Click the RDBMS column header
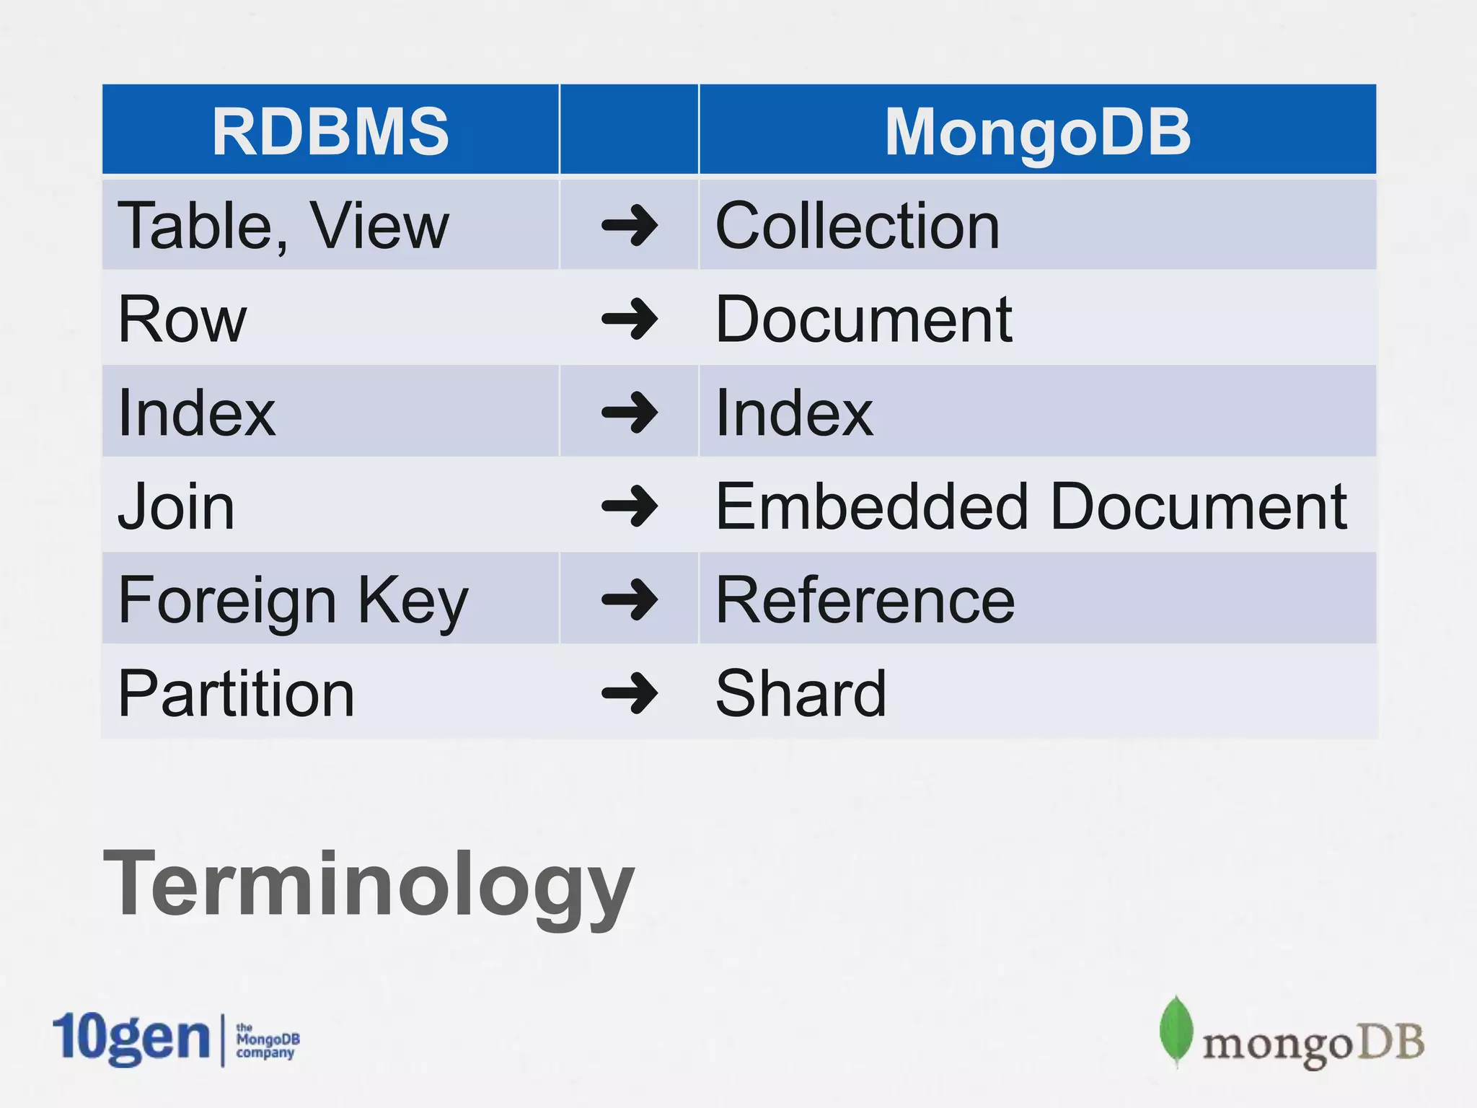330,131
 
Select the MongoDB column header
1037,131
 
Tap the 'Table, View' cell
283,226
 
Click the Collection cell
857,226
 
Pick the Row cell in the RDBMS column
182,320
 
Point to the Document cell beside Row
863,320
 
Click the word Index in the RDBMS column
196,413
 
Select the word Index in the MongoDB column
794,413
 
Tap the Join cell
176,506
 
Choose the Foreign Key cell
293,600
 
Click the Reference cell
865,600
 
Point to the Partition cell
236,693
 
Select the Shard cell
801,693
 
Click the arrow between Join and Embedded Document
630,506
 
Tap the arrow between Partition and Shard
630,693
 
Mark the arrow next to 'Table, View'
630,226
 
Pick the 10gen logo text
131,1039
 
